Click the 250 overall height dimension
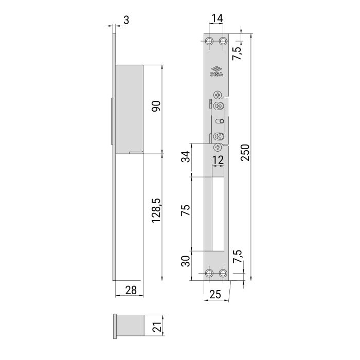click(245, 152)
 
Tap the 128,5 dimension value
click(156, 210)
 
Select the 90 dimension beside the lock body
click(156, 106)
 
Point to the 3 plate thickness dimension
click(127, 20)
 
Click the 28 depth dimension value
click(131, 290)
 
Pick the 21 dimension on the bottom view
click(157, 327)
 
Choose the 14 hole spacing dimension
click(217, 18)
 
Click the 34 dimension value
click(186, 156)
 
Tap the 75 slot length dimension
click(186, 210)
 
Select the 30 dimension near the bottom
click(186, 261)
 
